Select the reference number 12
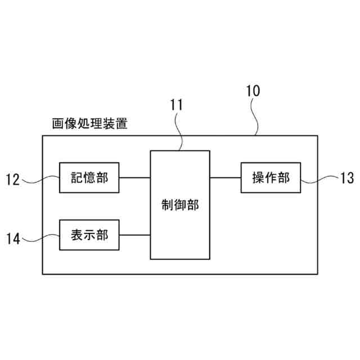click(x=13, y=179)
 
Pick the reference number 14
click(x=13, y=239)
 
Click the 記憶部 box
click(x=89, y=178)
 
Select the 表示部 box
click(x=89, y=235)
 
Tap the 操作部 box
click(x=271, y=178)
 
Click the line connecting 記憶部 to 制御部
click(x=134, y=178)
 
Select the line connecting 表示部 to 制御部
click(x=134, y=235)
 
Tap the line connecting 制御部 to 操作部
click(x=225, y=178)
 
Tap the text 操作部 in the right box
click(x=271, y=178)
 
